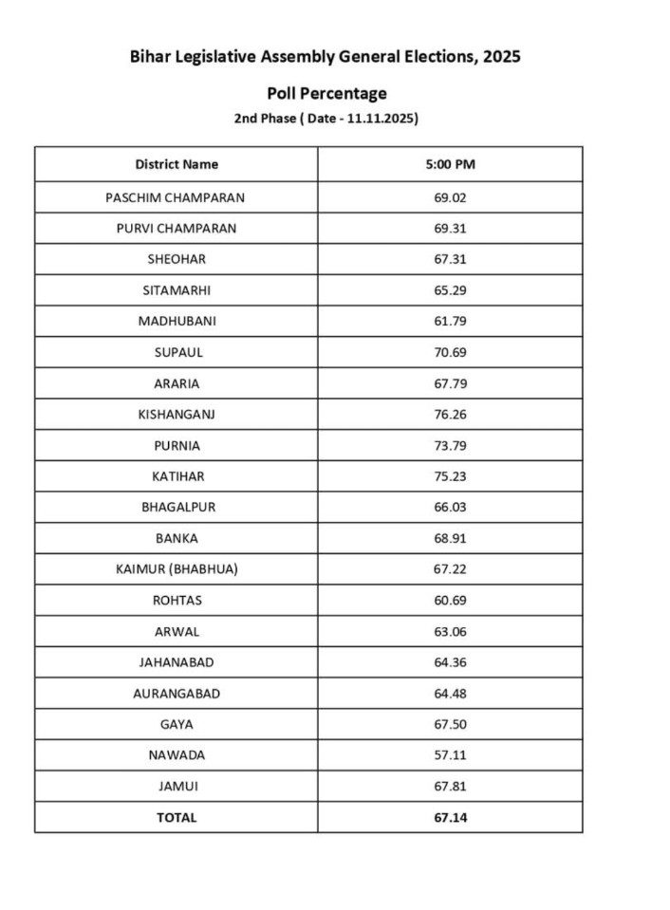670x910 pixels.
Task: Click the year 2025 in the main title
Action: coord(500,57)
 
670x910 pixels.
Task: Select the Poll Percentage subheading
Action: coord(326,93)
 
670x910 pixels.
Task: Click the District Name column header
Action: coord(177,164)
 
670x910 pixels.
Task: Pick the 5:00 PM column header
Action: coord(450,164)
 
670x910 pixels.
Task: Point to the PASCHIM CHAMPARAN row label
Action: coord(177,197)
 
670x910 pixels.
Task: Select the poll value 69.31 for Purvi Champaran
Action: coord(450,229)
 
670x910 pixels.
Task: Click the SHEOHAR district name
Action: coord(177,259)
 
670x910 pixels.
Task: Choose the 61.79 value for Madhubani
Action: coord(450,321)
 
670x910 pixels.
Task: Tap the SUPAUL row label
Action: coord(177,352)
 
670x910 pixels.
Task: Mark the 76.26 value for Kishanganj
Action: coord(450,414)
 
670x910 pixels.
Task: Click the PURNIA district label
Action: coord(177,445)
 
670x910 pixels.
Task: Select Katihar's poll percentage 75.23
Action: coord(450,476)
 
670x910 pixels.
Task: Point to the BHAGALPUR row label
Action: coord(177,507)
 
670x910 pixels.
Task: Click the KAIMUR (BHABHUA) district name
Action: coord(177,569)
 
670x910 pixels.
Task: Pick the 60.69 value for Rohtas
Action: coord(450,601)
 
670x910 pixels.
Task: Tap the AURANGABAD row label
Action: coord(177,694)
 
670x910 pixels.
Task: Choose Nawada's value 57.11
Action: coord(450,755)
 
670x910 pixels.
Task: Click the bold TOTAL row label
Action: coord(177,817)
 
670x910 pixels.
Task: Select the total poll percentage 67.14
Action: coord(450,817)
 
